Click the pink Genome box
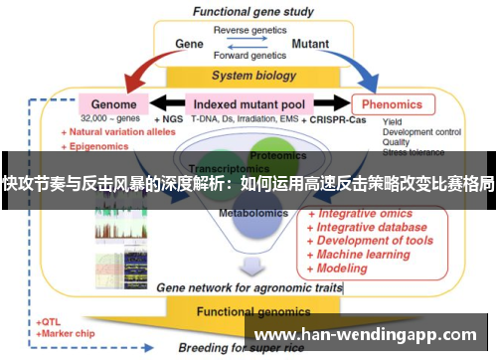pyautogui.click(x=114, y=102)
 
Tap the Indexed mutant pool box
pyautogui.click(x=248, y=102)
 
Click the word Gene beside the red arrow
pyautogui.click(x=189, y=44)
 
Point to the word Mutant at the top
pyautogui.click(x=310, y=44)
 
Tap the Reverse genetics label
pyautogui.click(x=248, y=30)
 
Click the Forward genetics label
pyautogui.click(x=248, y=57)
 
